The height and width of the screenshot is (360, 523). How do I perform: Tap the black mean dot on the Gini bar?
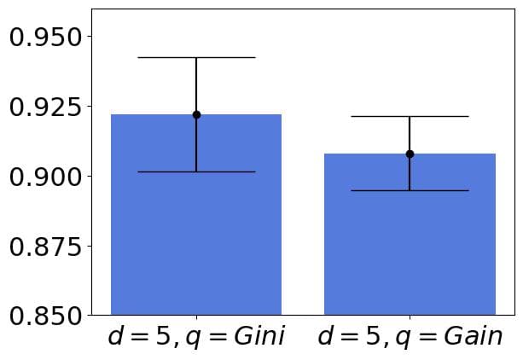(196, 114)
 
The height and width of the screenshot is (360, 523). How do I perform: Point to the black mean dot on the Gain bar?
(410, 154)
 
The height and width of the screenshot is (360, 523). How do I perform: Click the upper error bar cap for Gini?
(196, 57)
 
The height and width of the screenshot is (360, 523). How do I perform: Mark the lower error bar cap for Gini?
(196, 171)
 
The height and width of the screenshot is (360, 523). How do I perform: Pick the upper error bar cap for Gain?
(410, 116)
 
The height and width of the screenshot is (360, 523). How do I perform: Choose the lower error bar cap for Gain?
(410, 190)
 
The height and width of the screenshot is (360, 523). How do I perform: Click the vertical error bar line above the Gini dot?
(196, 85)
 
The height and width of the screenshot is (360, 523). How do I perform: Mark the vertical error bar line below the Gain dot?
(410, 173)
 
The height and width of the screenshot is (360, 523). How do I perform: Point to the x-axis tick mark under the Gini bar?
(196, 318)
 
